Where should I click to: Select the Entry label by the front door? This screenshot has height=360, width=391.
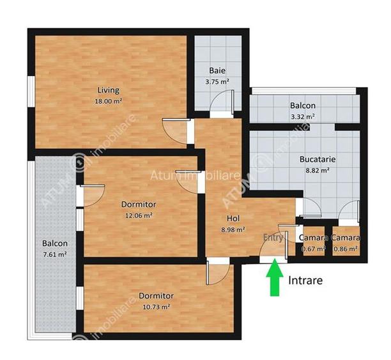pos(273,237)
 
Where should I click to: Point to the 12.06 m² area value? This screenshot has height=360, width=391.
pos(139,215)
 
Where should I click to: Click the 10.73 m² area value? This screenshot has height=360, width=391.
pos(156,307)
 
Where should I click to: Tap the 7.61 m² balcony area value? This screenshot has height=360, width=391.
pos(54,254)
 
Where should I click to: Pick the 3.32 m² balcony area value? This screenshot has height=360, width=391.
pos(302,116)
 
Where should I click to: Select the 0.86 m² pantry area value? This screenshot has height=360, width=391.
pos(346,249)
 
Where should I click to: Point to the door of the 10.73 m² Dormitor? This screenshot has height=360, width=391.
pos(218,271)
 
